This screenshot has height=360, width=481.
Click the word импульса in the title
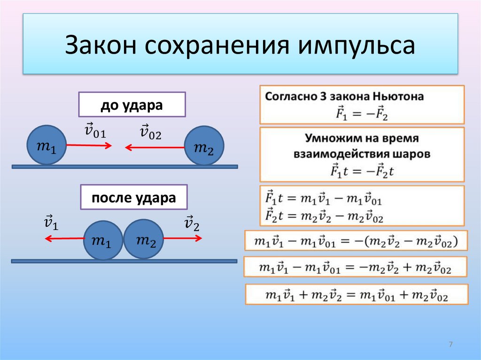click(x=356, y=45)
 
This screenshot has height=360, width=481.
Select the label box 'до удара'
click(x=132, y=105)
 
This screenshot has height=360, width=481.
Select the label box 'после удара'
click(x=134, y=198)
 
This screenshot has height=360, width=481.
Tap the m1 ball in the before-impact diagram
click(x=46, y=145)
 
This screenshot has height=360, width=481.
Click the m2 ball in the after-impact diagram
click(x=144, y=239)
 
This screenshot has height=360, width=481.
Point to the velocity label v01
click(x=95, y=131)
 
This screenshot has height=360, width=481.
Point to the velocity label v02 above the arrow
click(x=150, y=132)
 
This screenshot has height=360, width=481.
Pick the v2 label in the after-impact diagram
click(x=192, y=224)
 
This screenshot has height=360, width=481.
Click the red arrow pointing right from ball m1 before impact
click(x=89, y=146)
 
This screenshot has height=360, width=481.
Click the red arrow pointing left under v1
click(x=64, y=238)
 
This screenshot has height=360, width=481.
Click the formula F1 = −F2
click(x=362, y=113)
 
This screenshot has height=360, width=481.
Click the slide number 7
click(x=450, y=345)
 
